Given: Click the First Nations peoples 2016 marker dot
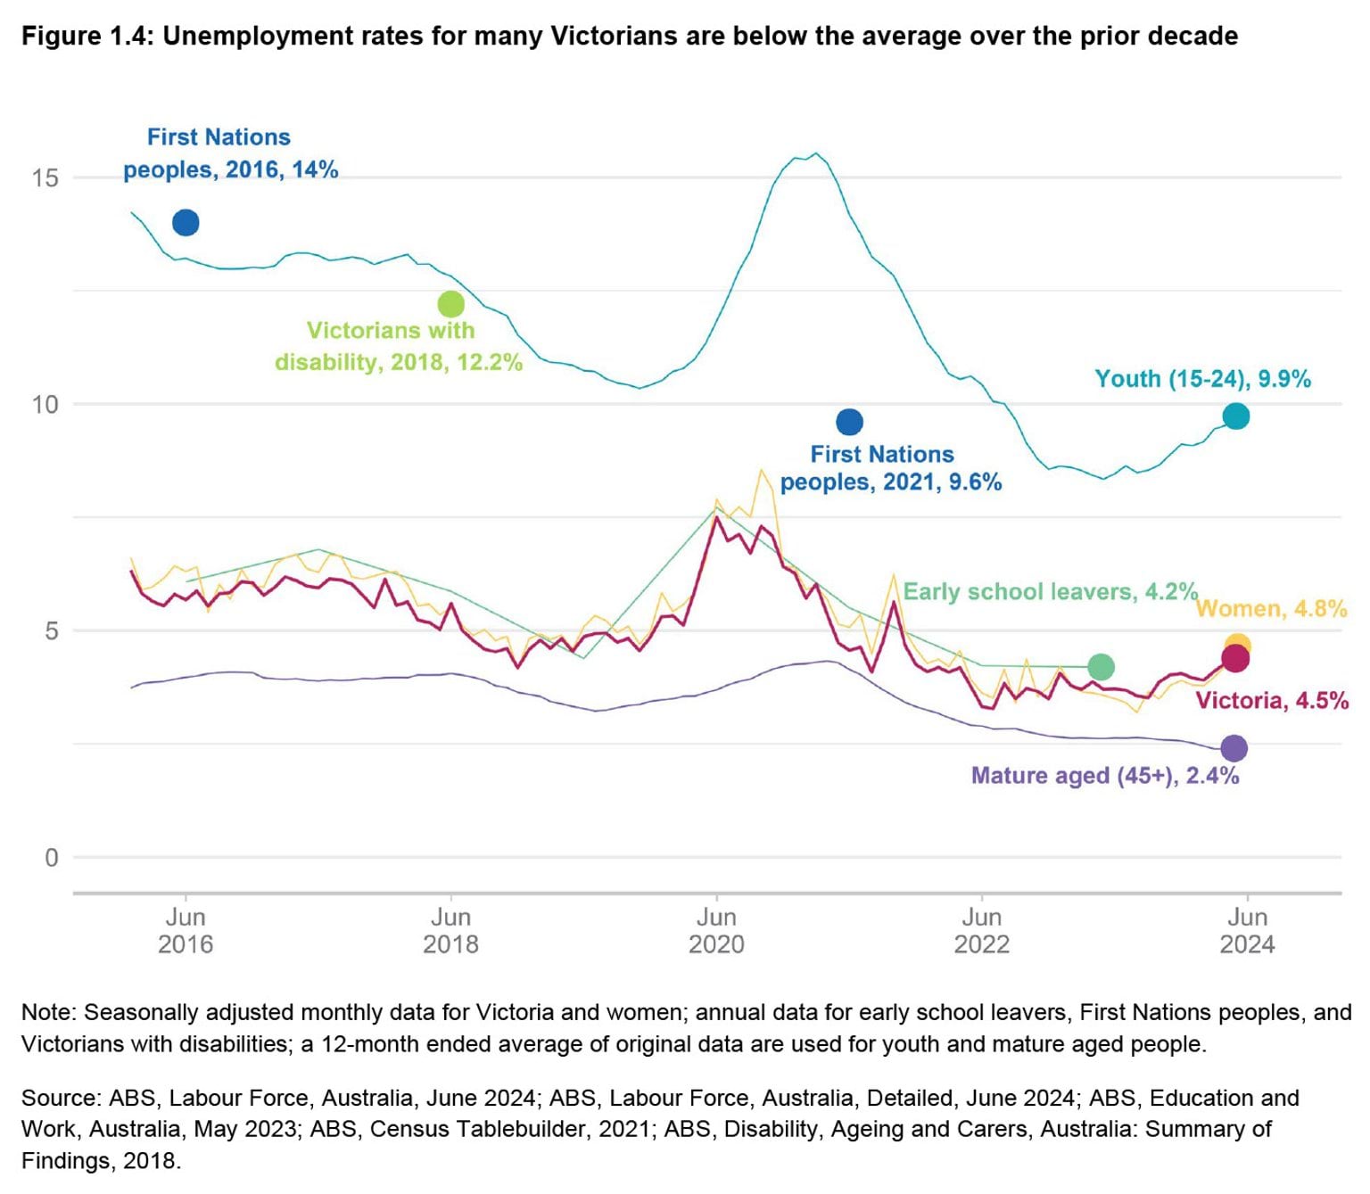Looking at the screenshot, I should point(186,222).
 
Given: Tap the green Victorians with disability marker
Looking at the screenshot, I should point(451,304).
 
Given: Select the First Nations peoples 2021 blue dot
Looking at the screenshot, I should point(849,422).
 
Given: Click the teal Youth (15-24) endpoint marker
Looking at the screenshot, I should point(1235,416).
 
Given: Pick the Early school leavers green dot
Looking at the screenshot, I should point(1101,666).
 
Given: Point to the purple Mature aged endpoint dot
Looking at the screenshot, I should point(1234,747).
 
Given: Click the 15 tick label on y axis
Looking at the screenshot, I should point(45,177).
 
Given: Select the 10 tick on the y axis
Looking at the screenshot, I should point(45,404).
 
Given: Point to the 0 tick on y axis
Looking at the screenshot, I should point(51,857).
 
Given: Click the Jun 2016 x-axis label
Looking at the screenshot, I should point(186,930).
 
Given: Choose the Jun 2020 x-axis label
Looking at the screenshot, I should point(716,930).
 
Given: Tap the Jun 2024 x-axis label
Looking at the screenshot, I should point(1247,930).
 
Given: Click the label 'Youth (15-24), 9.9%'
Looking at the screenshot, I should point(1202,379).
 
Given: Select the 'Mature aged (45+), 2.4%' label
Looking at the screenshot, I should point(1104,775).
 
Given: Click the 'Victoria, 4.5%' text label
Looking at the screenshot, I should point(1271,700).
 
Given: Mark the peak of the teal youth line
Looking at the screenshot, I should point(815,153).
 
